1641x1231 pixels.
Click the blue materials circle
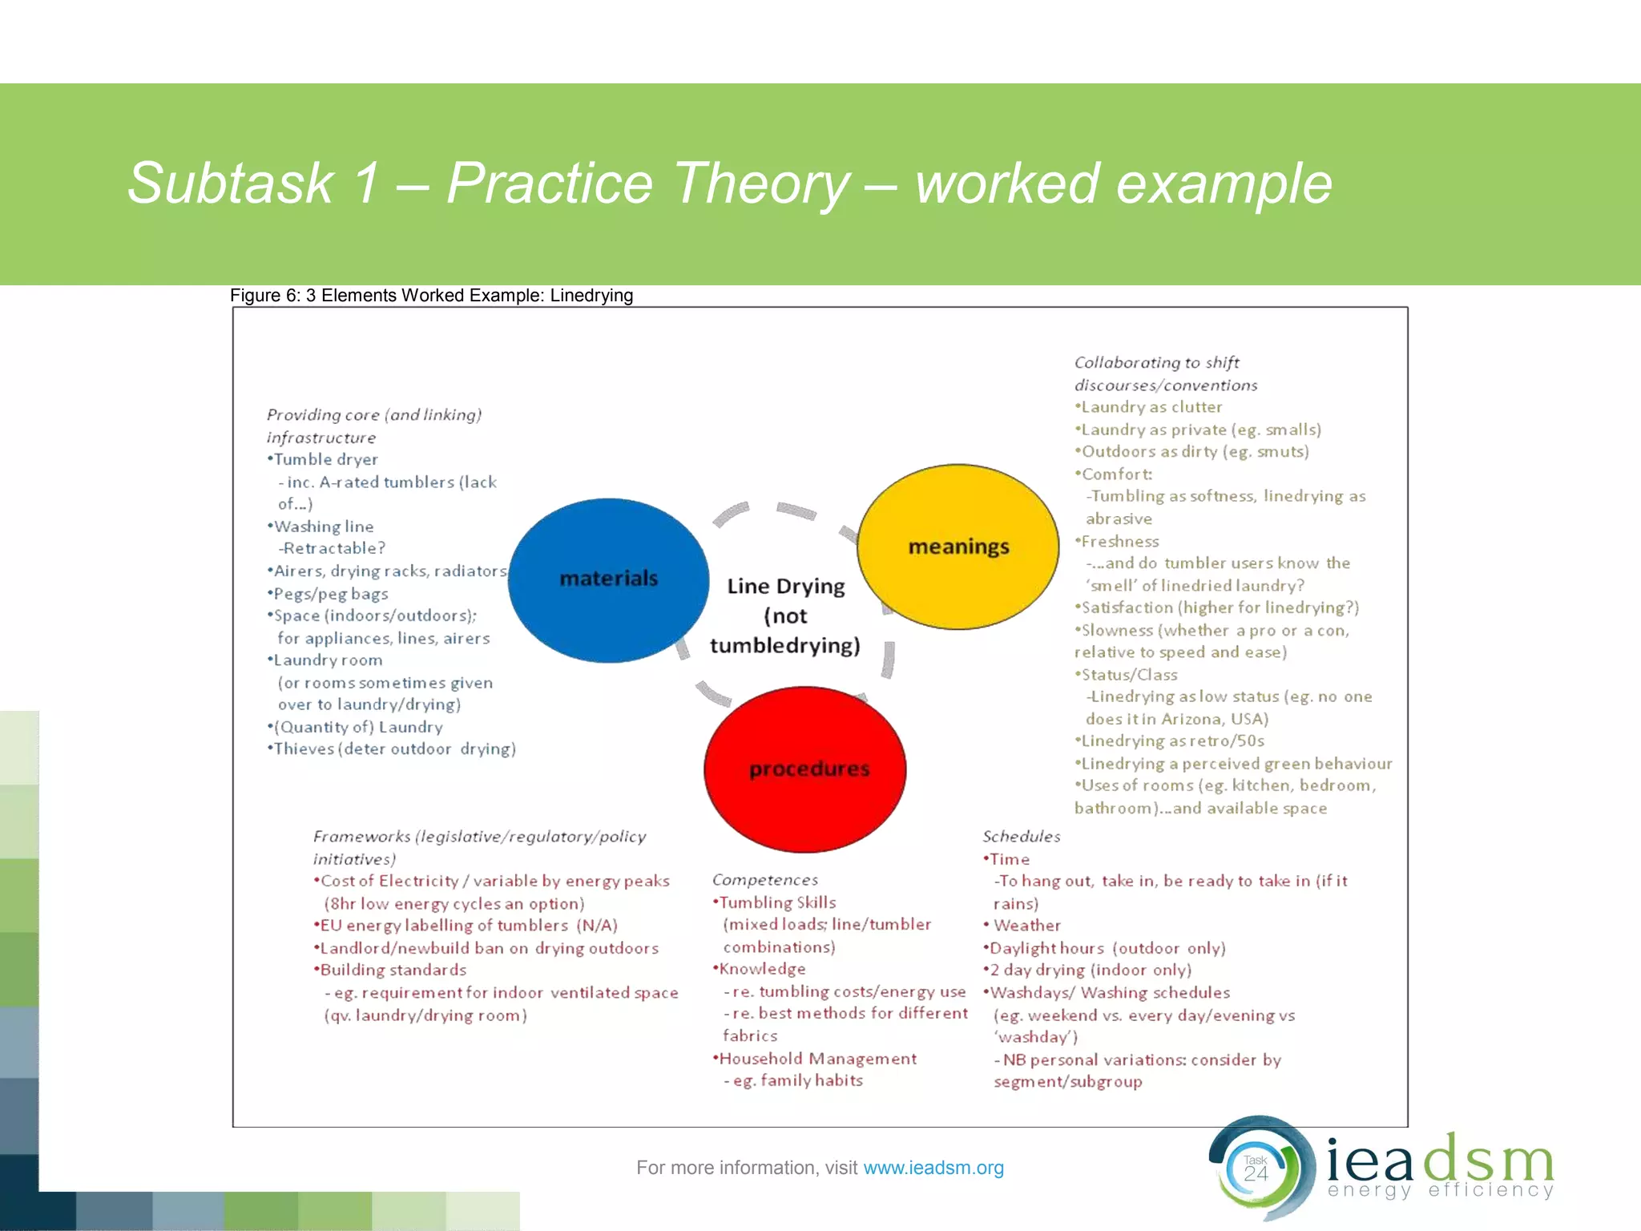pyautogui.click(x=608, y=579)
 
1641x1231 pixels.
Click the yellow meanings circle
pyautogui.click(x=958, y=547)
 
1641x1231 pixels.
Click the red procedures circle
pyautogui.click(x=805, y=769)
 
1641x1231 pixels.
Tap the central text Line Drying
pyautogui.click(x=785, y=587)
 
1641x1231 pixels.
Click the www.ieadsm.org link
pyautogui.click(x=933, y=1168)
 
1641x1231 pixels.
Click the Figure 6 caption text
pyautogui.click(x=431, y=296)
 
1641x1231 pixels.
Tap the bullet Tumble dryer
pyautogui.click(x=325, y=459)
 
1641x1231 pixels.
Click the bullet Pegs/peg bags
pyautogui.click(x=330, y=594)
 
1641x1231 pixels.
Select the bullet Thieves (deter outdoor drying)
pyautogui.click(x=393, y=749)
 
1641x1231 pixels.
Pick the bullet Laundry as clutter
pyautogui.click(x=1151, y=407)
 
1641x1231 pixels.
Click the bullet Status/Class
pyautogui.click(x=1128, y=675)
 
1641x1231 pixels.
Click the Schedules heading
pyautogui.click(x=1021, y=837)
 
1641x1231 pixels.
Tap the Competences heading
pyautogui.click(x=764, y=880)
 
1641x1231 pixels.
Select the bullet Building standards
pyautogui.click(x=393, y=970)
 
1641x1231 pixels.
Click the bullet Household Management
pyautogui.click(x=816, y=1059)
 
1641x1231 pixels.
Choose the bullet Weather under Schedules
pyautogui.click(x=1026, y=926)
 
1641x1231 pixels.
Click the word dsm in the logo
pyautogui.click(x=1489, y=1160)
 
